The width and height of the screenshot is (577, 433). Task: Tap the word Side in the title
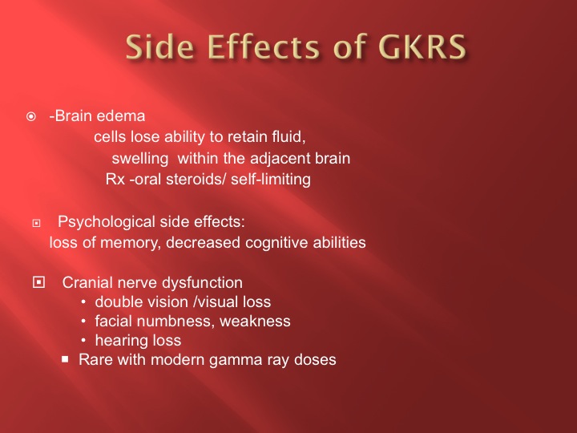point(159,47)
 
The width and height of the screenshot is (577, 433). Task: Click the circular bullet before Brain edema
point(31,117)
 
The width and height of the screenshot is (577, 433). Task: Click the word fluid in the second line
point(288,137)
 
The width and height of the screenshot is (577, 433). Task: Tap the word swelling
point(140,159)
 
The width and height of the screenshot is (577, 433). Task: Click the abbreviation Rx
point(115,180)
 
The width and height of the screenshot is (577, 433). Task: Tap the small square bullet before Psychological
point(36,223)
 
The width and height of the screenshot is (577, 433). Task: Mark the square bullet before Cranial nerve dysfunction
point(38,282)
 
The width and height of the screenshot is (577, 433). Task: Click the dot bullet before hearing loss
point(83,341)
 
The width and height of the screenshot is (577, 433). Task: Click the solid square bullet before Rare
point(65,359)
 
